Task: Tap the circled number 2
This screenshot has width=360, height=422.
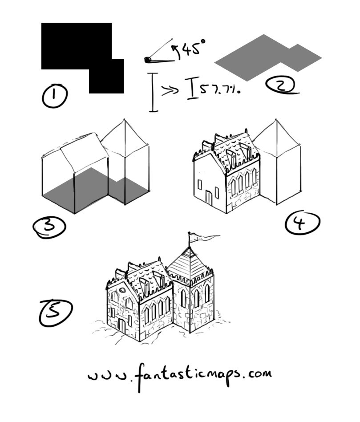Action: pos(280,85)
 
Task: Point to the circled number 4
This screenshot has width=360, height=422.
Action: pos(302,223)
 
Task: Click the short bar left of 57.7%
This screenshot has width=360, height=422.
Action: pos(193,87)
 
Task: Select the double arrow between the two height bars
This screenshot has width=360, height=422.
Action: pos(169,90)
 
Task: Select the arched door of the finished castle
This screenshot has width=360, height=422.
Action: pos(122,326)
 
